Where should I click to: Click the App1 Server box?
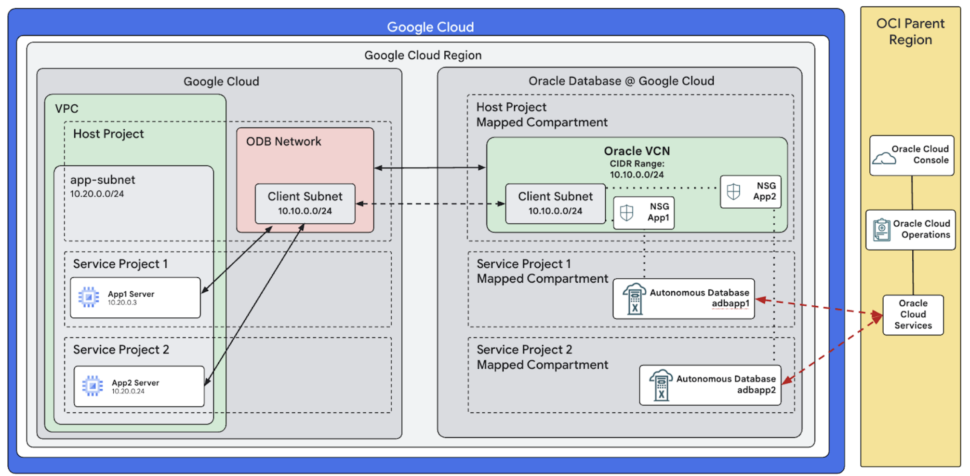(135, 298)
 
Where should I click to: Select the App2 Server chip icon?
(92, 386)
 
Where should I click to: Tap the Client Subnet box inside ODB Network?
(305, 204)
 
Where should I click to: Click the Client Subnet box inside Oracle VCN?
(555, 204)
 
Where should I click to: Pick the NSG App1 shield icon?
(626, 213)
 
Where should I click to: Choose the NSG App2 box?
(750, 191)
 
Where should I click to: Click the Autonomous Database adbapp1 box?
(683, 299)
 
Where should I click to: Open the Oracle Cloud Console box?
(911, 155)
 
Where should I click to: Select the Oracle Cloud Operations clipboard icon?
(881, 230)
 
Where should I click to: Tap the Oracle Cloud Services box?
(913, 314)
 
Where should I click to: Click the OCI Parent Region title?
(910, 31)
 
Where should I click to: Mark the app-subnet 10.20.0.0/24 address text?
(97, 194)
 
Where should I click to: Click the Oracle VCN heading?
(637, 151)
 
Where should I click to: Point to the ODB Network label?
(283, 141)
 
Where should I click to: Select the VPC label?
(66, 109)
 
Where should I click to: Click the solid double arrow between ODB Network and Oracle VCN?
(430, 168)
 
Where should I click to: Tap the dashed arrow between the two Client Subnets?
(430, 204)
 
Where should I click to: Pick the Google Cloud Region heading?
(423, 55)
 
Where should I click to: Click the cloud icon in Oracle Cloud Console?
(884, 158)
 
